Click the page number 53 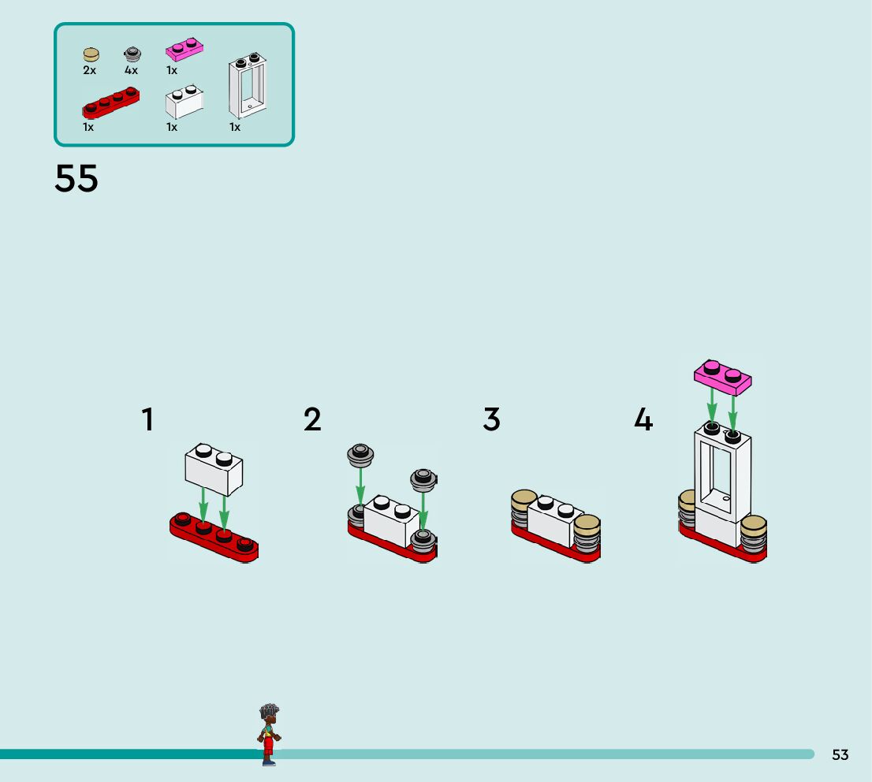click(x=840, y=755)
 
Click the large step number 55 click(x=76, y=179)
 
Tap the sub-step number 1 click(x=147, y=419)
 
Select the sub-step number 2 click(x=312, y=419)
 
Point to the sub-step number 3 click(x=491, y=419)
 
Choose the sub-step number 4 click(x=643, y=419)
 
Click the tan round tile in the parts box click(x=91, y=54)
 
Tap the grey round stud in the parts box click(x=132, y=54)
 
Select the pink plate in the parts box click(x=184, y=50)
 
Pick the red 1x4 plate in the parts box click(x=110, y=102)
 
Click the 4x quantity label click(x=131, y=70)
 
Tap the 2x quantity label click(x=89, y=70)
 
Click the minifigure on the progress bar click(x=269, y=734)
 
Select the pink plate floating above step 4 click(x=723, y=377)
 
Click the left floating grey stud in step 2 click(x=360, y=453)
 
